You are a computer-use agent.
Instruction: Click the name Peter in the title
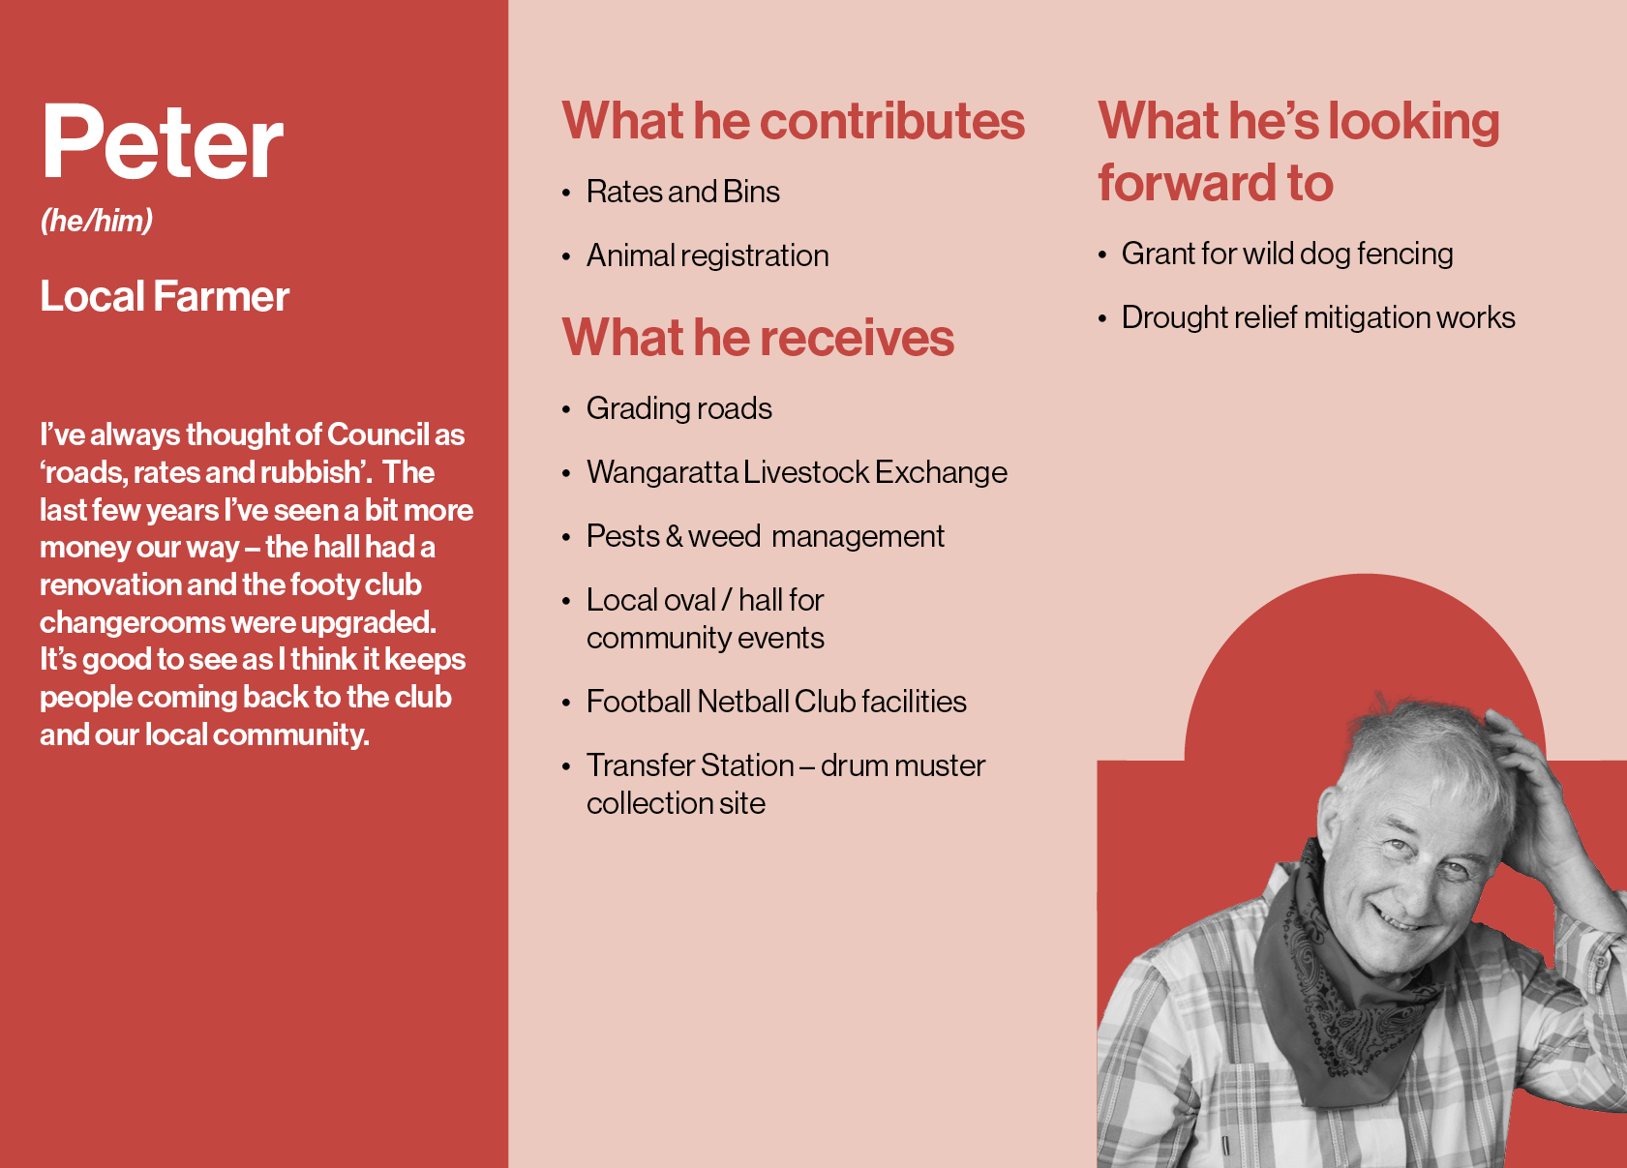[162, 141]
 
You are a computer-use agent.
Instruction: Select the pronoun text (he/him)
[97, 221]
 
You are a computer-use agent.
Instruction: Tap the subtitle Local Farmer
[165, 296]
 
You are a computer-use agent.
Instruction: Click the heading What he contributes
[793, 121]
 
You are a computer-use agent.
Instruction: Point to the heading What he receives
[758, 338]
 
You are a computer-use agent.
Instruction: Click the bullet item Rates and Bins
[682, 192]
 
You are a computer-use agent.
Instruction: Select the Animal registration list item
[708, 255]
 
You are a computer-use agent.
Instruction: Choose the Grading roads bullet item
[679, 409]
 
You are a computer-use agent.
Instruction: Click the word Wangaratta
[662, 473]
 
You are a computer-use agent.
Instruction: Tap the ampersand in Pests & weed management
[674, 537]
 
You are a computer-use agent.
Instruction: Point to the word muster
[939, 765]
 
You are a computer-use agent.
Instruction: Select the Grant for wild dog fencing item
[1287, 255]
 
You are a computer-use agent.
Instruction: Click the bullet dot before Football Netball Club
[566, 704]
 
